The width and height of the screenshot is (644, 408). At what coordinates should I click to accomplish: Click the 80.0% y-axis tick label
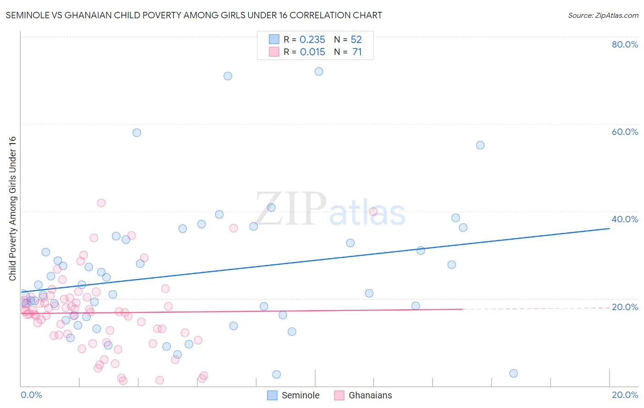pos(625,44)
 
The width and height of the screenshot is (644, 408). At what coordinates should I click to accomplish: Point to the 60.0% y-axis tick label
pos(625,132)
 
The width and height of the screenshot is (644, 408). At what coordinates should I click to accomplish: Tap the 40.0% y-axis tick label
pos(625,219)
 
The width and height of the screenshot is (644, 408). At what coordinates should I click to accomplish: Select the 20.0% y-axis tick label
pos(625,307)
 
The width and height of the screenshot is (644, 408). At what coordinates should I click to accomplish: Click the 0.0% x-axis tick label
pos(31,395)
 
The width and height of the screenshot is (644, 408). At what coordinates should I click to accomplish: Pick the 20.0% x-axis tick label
pos(625,395)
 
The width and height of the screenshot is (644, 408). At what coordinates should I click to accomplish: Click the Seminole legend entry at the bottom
pos(300,395)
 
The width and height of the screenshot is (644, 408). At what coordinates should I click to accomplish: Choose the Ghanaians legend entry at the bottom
pos(370,395)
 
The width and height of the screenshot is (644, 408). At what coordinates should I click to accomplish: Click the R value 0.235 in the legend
pos(312,40)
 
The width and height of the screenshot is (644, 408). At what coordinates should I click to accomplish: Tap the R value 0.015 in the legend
pos(312,52)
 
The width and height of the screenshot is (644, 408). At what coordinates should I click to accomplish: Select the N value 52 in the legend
pos(356,40)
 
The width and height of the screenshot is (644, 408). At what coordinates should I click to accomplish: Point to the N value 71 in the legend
pos(357,52)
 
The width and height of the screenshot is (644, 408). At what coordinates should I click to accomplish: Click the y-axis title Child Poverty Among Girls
pos(12,209)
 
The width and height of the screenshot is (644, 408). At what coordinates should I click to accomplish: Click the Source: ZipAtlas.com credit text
pos(603,16)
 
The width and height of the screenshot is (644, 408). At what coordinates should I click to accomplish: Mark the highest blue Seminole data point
pos(319,71)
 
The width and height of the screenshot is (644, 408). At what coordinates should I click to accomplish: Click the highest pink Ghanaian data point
pos(101,203)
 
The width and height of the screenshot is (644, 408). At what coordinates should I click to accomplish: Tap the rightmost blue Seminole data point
pos(513,373)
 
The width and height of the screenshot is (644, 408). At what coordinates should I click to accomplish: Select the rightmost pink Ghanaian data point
pos(373,211)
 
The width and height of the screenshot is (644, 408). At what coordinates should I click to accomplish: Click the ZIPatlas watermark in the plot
pos(330,209)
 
